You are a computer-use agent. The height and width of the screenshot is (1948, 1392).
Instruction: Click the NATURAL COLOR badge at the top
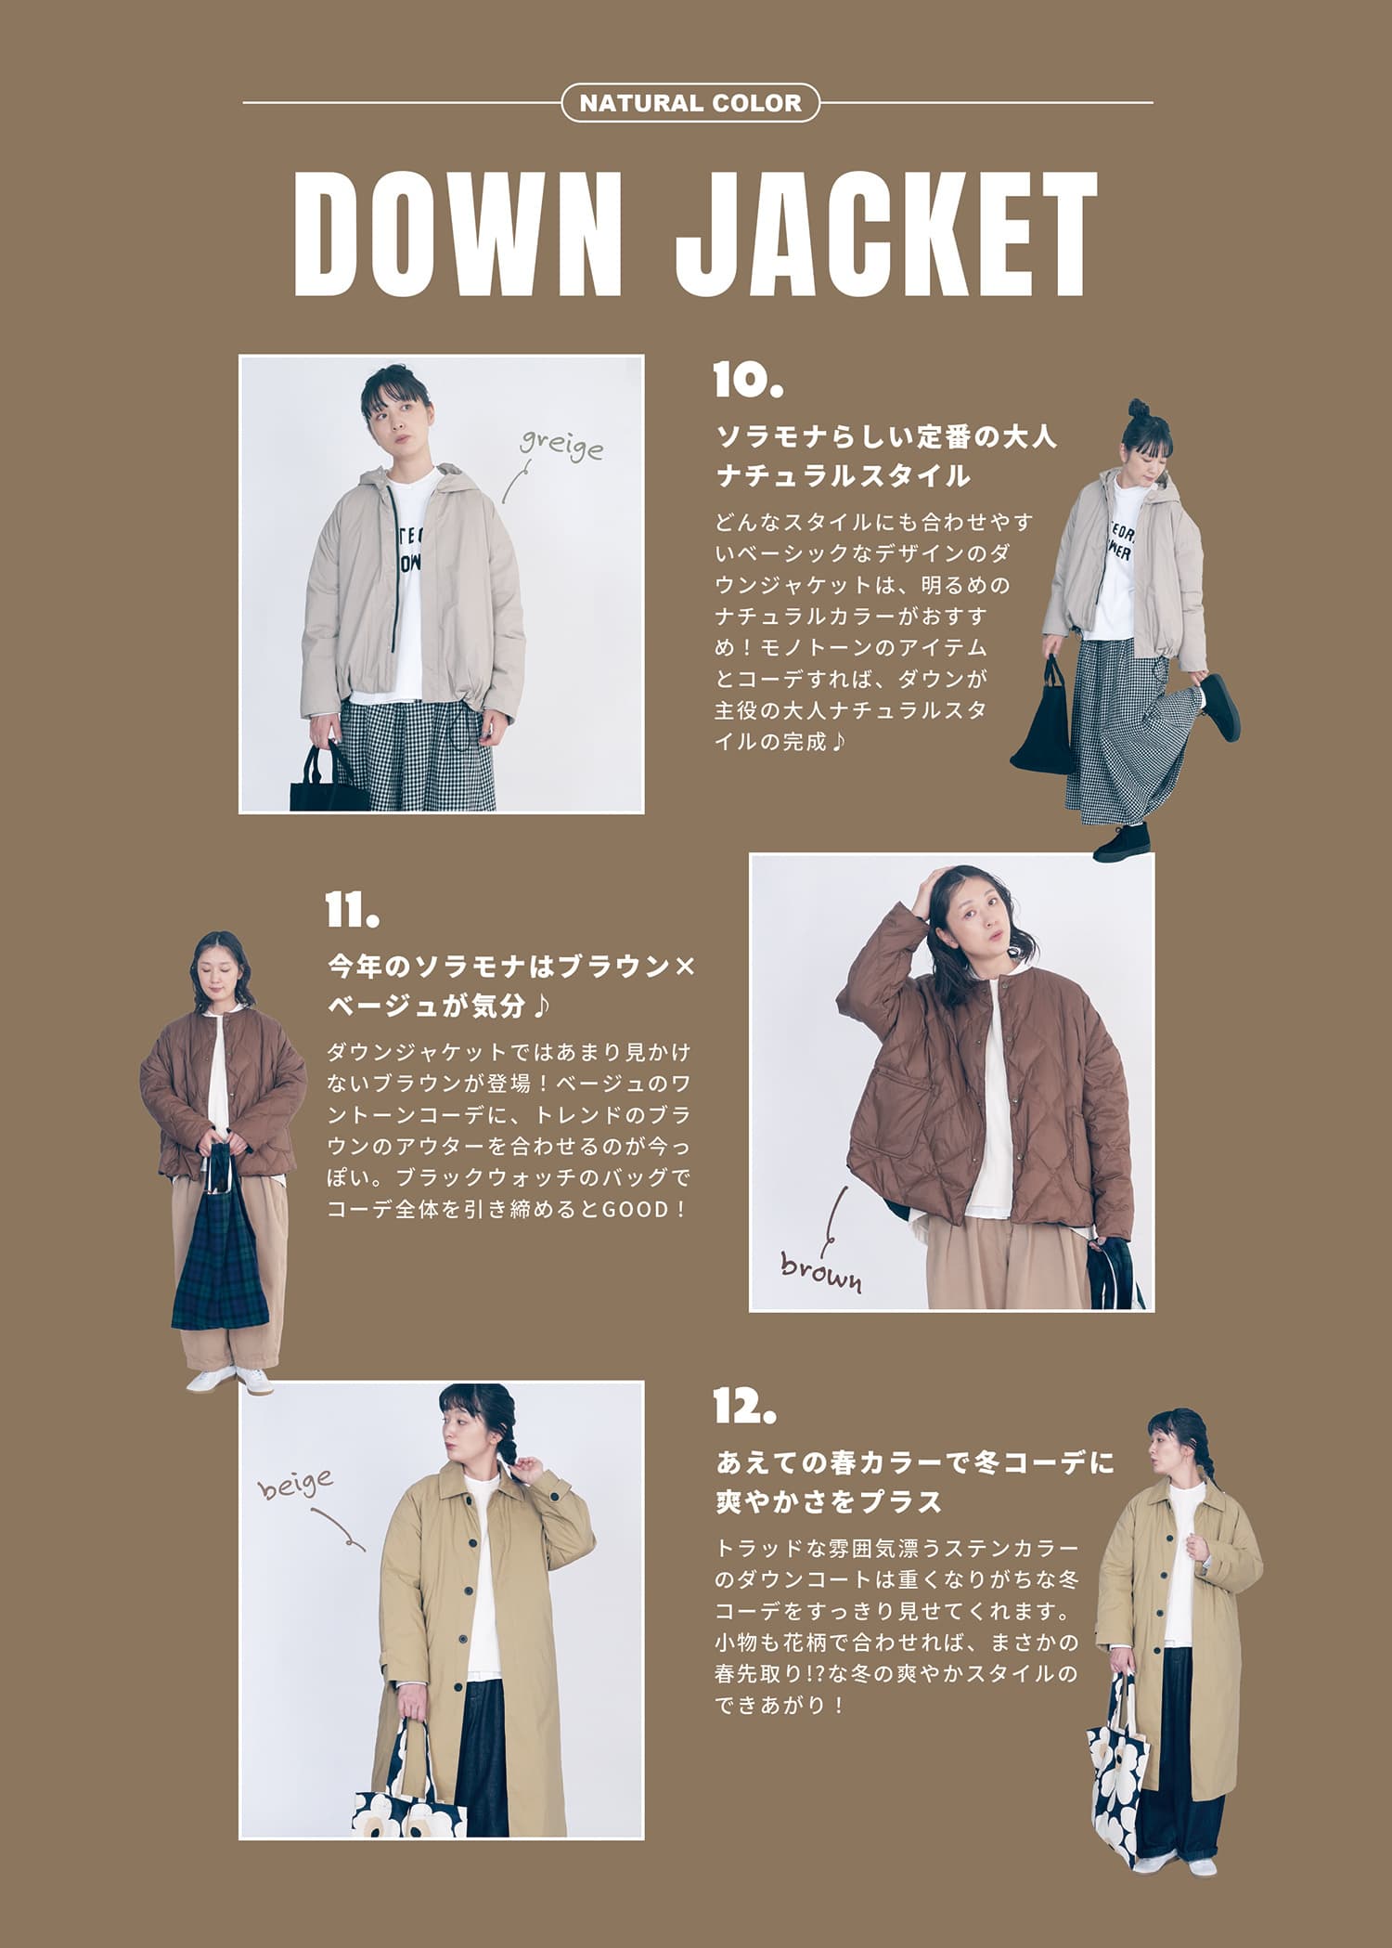(x=690, y=103)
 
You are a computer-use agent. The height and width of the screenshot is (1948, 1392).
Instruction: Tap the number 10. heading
(x=749, y=381)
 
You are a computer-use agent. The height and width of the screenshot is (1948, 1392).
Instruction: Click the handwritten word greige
(x=561, y=446)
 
